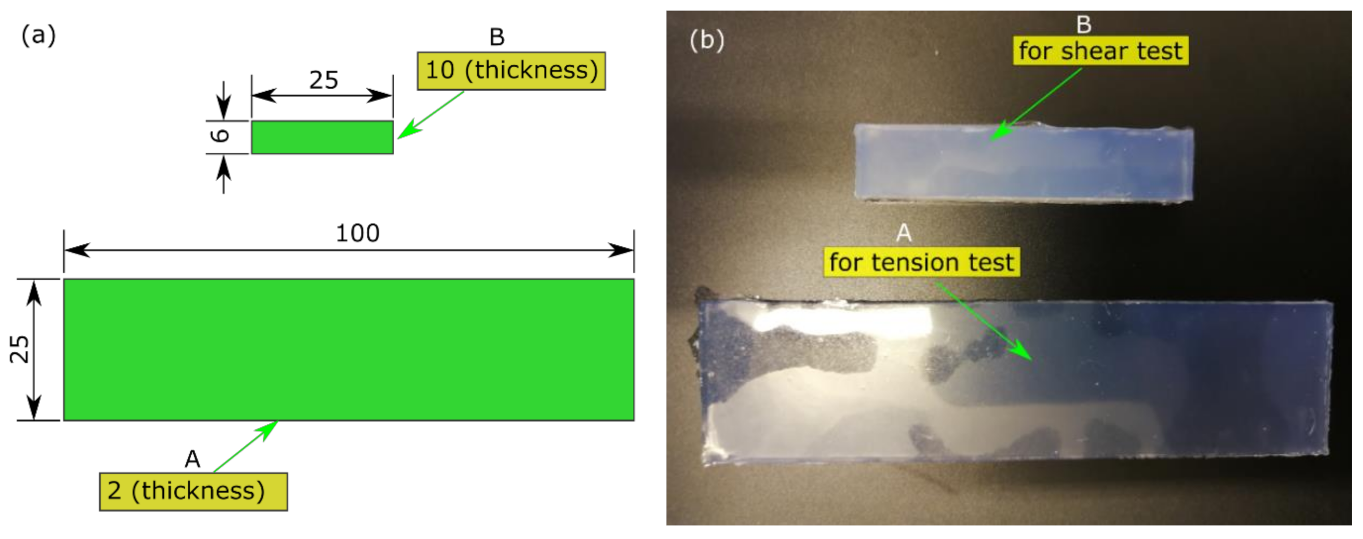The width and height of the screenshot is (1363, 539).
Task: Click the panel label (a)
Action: (x=38, y=36)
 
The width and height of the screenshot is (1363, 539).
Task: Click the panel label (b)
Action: (x=706, y=40)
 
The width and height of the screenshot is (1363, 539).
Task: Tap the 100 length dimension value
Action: (x=358, y=233)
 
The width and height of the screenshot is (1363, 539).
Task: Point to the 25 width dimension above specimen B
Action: (x=323, y=80)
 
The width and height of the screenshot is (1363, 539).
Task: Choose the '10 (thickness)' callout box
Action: (x=511, y=71)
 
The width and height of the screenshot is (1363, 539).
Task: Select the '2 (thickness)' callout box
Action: (x=193, y=491)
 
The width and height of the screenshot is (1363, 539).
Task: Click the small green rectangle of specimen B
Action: (x=322, y=138)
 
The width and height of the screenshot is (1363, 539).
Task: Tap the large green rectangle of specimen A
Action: (x=349, y=349)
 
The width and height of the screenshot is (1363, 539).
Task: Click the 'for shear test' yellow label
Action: (x=1100, y=52)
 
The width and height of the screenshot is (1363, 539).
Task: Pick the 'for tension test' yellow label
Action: (x=921, y=263)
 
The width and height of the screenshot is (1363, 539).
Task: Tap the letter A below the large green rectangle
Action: (x=192, y=459)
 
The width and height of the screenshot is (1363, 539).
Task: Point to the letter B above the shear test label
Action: (x=1084, y=24)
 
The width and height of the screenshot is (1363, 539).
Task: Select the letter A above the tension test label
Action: (x=904, y=233)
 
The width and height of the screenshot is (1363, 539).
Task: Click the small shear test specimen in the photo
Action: (x=1023, y=163)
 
